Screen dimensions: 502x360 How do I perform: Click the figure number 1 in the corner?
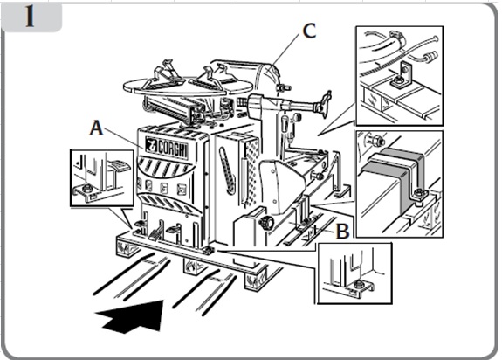point(30,17)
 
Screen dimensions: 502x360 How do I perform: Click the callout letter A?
point(96,128)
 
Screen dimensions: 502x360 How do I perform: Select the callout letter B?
point(342,231)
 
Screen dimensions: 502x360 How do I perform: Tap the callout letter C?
point(309,31)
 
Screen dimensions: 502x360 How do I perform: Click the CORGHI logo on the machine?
point(167,148)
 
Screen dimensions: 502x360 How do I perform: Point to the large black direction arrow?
point(132,316)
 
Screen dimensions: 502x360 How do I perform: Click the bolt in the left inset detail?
point(86,189)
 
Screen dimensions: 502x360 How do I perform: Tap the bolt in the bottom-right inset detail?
point(359,283)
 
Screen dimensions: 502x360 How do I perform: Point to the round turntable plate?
point(188,86)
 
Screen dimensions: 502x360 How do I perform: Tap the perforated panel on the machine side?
point(251,173)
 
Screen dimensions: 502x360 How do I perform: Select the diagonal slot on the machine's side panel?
point(227,170)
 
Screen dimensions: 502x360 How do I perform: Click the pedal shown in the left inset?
point(119,165)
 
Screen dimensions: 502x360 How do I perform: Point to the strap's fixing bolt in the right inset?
point(419,193)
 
